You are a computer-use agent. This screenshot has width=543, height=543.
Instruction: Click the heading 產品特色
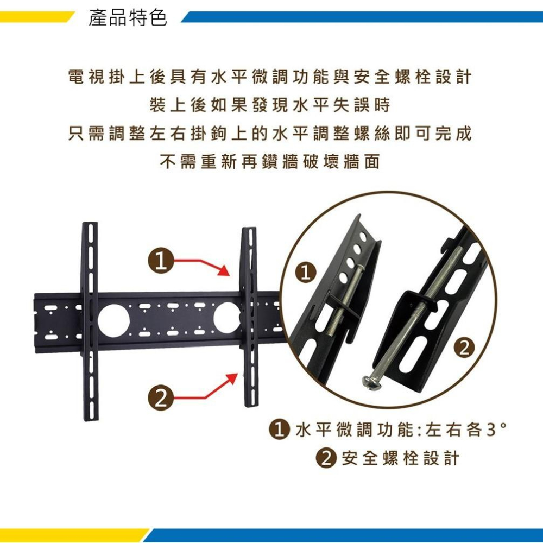click(x=128, y=19)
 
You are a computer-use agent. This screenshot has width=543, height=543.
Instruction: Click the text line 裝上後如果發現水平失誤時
click(x=270, y=105)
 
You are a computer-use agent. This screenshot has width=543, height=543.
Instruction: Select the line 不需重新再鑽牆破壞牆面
click(x=270, y=162)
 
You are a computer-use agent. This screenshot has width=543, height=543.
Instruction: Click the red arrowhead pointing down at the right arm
click(x=224, y=270)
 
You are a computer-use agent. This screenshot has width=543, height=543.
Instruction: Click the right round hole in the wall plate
click(x=226, y=318)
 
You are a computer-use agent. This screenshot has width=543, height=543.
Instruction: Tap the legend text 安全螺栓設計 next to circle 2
click(x=400, y=458)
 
